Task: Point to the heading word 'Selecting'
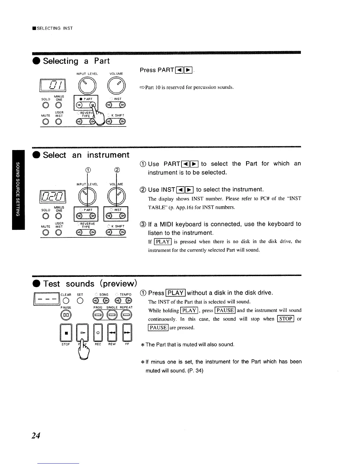pos(61,61)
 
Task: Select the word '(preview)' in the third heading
pos(119,284)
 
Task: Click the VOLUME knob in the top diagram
pos(117,86)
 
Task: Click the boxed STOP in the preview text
pos(286,319)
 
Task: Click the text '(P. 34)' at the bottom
pos(195,371)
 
